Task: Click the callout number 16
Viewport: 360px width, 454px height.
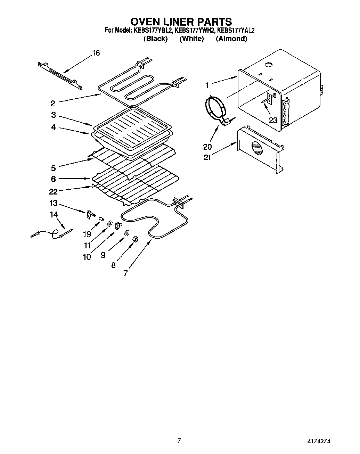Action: pos(96,53)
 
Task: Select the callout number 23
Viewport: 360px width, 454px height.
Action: pos(273,120)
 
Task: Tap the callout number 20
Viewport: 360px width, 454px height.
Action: pos(207,147)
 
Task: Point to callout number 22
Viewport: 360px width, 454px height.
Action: pos(54,191)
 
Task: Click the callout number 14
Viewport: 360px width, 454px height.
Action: pos(54,215)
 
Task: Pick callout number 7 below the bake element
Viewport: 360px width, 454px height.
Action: pos(125,273)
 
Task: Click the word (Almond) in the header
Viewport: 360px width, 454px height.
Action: pos(231,39)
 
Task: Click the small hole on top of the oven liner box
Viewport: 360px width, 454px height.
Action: pos(268,65)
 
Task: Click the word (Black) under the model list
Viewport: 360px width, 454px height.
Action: pos(156,39)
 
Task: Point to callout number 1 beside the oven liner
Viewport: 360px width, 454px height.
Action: pos(207,85)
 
